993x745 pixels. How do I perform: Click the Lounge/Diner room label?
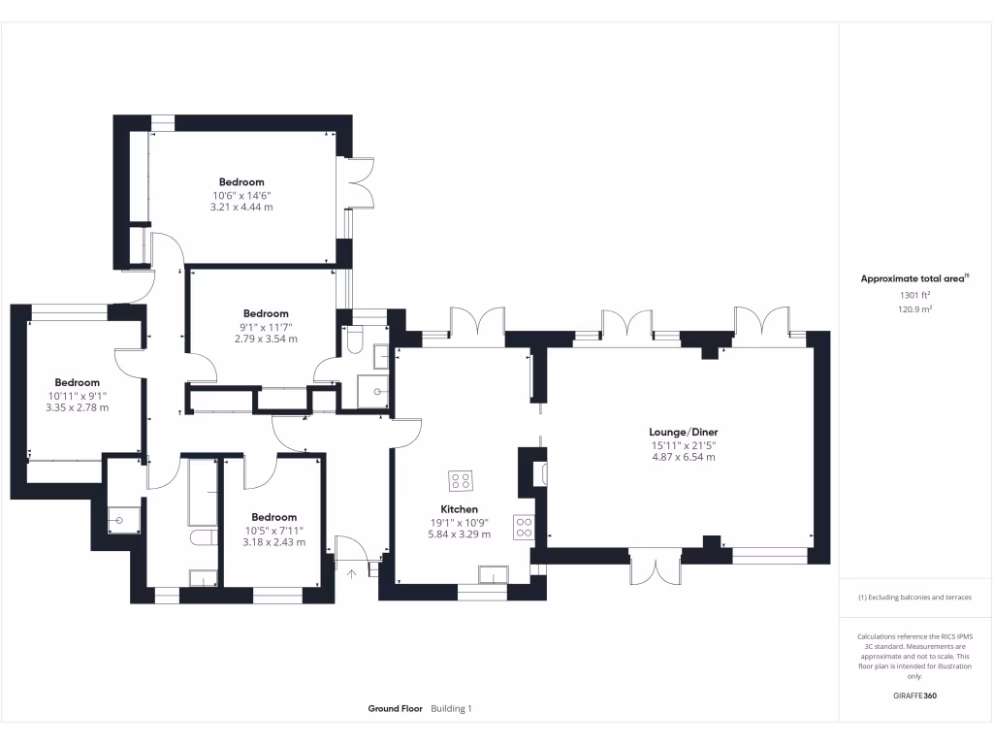click(x=683, y=432)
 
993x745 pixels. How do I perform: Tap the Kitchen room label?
click(x=460, y=509)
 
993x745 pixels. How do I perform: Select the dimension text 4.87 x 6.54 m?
click(x=683, y=456)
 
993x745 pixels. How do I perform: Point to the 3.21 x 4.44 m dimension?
click(x=241, y=207)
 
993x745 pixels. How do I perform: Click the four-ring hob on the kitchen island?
click(x=460, y=480)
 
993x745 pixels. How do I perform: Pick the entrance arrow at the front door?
click(x=352, y=572)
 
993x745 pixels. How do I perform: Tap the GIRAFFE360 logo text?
click(x=914, y=696)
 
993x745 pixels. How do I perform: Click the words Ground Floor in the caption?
click(x=395, y=709)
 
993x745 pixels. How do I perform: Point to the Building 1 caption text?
click(x=451, y=709)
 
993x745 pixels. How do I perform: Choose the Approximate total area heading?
click(x=913, y=278)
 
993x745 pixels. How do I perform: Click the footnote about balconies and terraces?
click(x=914, y=598)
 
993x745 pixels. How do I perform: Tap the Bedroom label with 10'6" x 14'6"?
click(x=241, y=182)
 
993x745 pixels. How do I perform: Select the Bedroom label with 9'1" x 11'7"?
click(x=266, y=313)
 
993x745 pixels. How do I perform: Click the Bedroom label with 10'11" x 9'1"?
click(x=78, y=382)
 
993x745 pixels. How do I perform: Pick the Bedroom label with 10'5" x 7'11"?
click(x=273, y=517)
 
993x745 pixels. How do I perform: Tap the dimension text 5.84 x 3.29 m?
click(x=460, y=534)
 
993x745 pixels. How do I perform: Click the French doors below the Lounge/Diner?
click(x=656, y=567)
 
